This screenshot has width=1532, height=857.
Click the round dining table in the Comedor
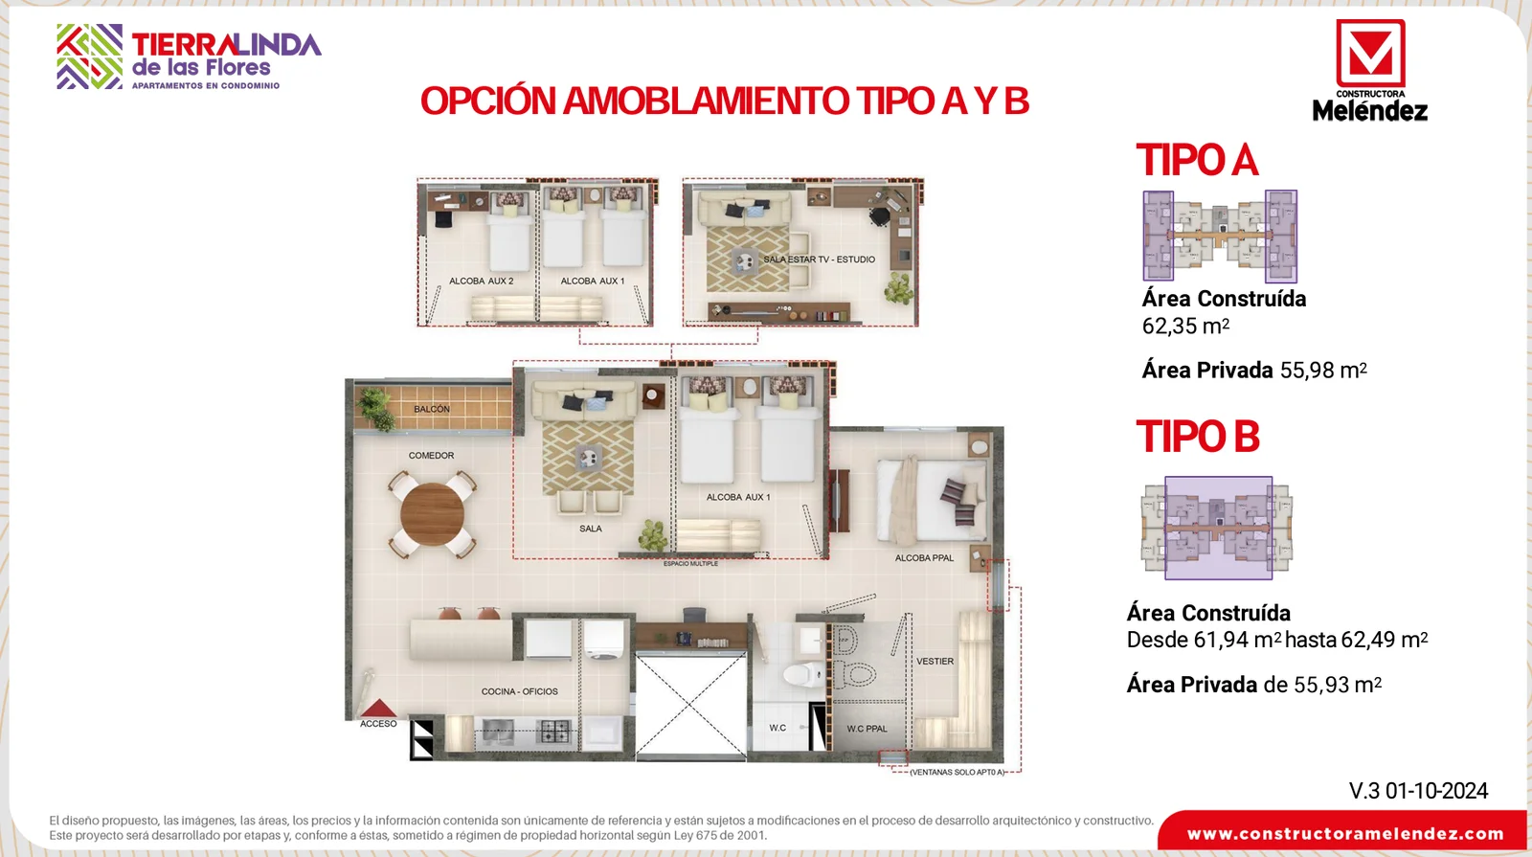pos(432,513)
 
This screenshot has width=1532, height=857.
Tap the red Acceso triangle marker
pos(378,708)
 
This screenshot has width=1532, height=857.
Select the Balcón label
pos(432,409)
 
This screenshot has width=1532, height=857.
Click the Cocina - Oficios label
pos(519,691)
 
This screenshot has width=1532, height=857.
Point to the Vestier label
pos(935,662)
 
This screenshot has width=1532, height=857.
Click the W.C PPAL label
pos(867,729)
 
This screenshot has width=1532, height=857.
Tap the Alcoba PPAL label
pos(924,558)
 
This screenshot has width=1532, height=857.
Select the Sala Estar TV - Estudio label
pos(819,259)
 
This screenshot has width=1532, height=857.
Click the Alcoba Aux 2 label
pos(481,282)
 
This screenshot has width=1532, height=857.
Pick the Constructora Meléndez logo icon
pos(1370,54)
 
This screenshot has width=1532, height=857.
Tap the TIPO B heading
pos(1198,437)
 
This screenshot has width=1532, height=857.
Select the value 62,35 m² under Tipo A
pos(1186,327)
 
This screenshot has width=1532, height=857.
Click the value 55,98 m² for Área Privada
pos(1323,370)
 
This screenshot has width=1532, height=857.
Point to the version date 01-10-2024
pos(1436,791)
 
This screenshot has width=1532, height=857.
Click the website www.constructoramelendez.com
pos(1345,834)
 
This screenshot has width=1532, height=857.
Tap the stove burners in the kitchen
pos(554,732)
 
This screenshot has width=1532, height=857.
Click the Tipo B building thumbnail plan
pos(1217,528)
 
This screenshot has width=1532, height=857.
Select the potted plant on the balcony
pos(375,409)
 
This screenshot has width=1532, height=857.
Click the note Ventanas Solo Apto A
pos(957,772)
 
